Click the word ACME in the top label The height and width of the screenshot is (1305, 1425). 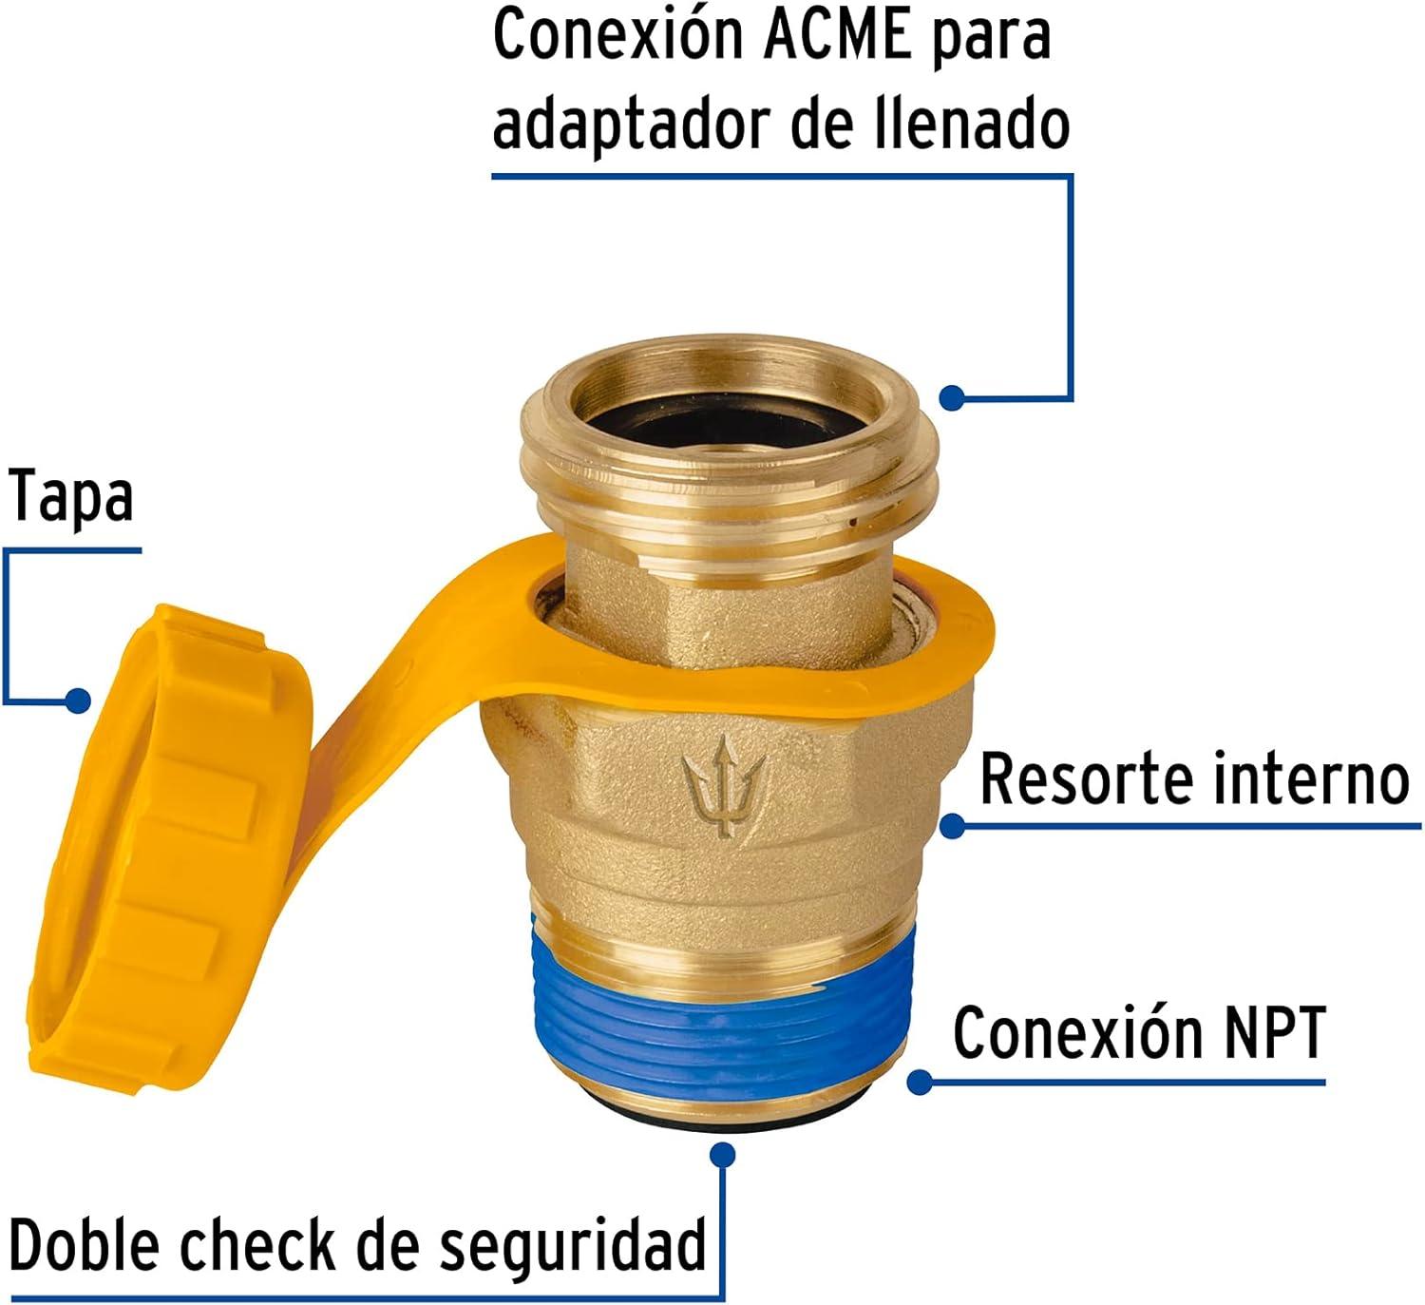coord(836,36)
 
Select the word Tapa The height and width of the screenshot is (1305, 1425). coord(70,496)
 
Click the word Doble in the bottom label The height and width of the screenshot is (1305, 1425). coord(85,1244)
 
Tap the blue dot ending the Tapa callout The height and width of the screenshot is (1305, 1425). coord(78,700)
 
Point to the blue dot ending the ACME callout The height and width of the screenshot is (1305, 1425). coord(952,396)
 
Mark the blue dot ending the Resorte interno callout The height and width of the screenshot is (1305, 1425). coord(953,824)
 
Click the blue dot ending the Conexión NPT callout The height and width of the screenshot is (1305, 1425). coord(919,1082)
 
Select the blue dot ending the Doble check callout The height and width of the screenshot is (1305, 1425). coord(723,1155)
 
